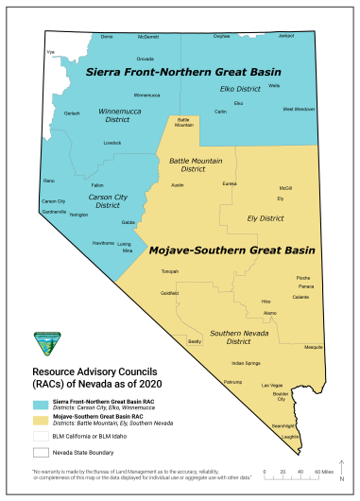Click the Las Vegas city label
[x=271, y=386]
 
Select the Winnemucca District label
[x=119, y=115]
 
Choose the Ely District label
[x=265, y=217]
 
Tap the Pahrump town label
[x=232, y=381]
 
